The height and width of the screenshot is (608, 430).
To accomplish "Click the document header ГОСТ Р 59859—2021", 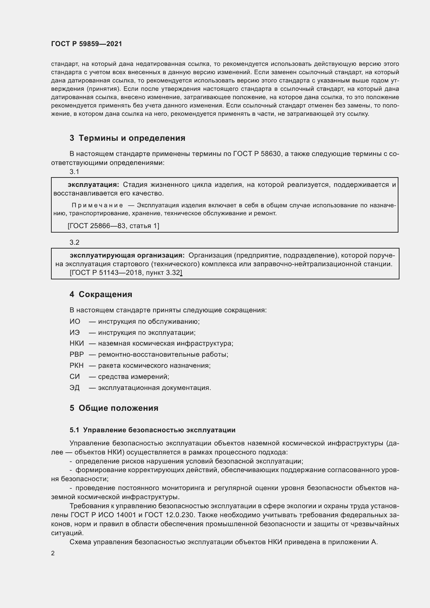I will click(86, 44).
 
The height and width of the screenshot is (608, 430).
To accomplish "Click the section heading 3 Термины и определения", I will click(127, 138).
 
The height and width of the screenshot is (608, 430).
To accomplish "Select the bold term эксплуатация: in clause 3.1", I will click(93, 184).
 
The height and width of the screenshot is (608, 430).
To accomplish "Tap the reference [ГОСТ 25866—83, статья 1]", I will click(113, 226).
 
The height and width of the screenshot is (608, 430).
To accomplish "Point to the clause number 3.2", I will click(74, 242).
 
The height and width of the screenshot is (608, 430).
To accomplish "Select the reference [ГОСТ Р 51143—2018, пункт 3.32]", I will click(126, 273).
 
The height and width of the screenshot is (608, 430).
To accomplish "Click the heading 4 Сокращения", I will click(101, 294).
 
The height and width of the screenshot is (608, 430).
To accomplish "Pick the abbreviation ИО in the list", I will click(75, 321).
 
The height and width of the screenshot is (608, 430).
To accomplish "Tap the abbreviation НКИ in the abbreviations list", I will click(77, 344).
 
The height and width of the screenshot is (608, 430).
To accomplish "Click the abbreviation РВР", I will click(77, 355).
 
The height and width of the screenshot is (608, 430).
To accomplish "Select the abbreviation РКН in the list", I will click(77, 366).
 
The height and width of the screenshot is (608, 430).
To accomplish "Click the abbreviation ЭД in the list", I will click(75, 388).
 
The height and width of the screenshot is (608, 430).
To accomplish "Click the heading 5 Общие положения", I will click(114, 408).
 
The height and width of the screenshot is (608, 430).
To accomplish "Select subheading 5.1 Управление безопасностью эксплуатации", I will click(153, 430).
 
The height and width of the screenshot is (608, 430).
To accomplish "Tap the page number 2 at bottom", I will click(53, 553).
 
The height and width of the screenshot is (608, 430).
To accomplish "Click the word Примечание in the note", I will click(97, 206).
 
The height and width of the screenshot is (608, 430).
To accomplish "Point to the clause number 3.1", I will click(74, 172).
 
